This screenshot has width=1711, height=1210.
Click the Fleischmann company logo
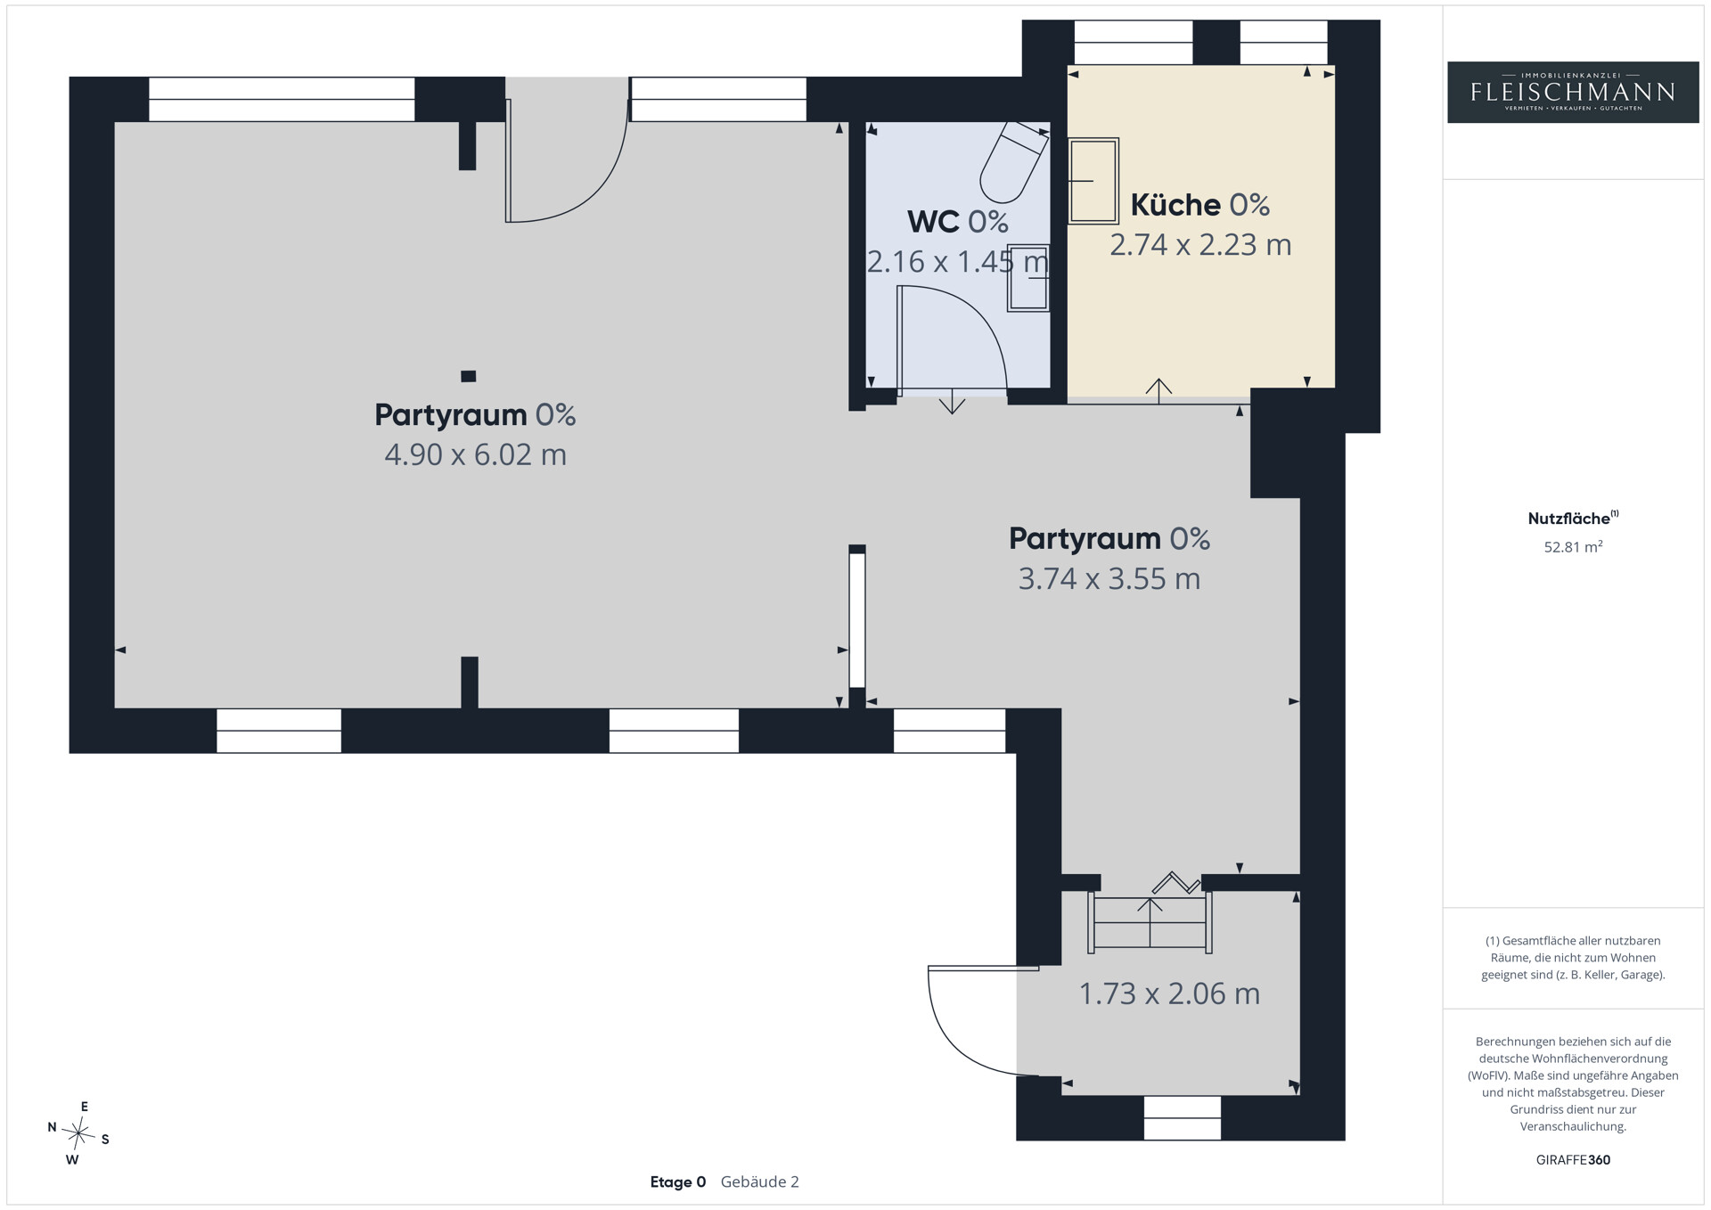click(1573, 92)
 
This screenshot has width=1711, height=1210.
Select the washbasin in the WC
click(1028, 277)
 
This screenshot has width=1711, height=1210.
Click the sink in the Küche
click(1093, 181)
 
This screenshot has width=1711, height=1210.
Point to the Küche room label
click(1199, 205)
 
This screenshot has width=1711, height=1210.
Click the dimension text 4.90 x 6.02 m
click(475, 454)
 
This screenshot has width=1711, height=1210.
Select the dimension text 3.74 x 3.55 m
click(1109, 578)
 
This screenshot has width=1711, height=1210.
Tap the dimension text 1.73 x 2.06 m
click(1169, 993)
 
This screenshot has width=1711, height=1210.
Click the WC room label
click(958, 221)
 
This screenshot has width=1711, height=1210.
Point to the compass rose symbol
click(79, 1133)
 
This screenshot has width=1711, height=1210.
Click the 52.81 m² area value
click(1573, 547)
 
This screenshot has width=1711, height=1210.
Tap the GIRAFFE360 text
click(1573, 1160)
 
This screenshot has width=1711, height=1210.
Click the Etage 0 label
click(677, 1182)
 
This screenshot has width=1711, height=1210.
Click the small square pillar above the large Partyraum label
click(468, 376)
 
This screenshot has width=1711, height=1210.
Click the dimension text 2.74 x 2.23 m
click(1199, 244)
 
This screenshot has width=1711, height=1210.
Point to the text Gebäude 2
click(759, 1182)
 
